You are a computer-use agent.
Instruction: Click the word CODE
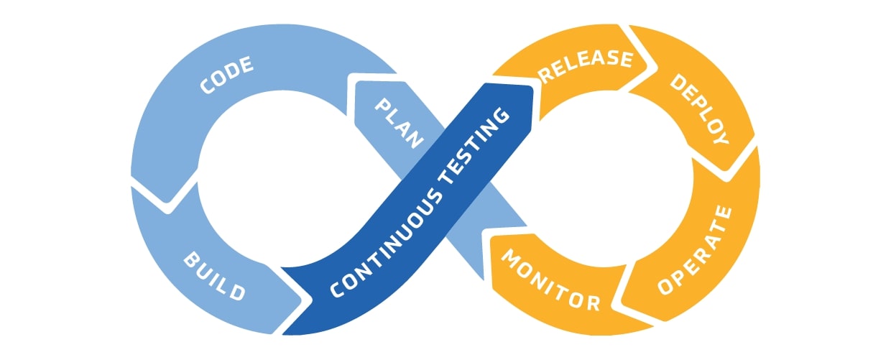[227, 75]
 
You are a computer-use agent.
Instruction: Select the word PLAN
[400, 123]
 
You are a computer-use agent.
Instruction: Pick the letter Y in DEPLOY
[721, 137]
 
